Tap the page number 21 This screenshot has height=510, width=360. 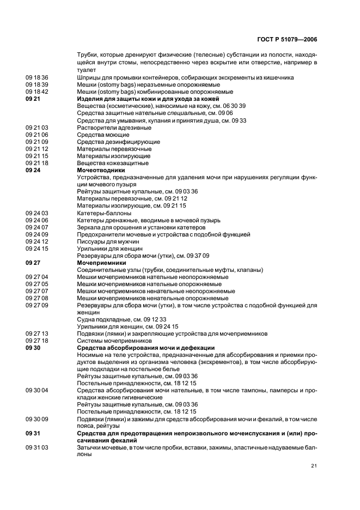(x=314, y=465)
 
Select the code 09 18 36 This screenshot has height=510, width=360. (x=37, y=77)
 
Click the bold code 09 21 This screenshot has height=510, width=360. (x=33, y=99)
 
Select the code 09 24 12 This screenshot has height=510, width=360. (x=37, y=241)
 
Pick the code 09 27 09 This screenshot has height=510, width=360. (x=37, y=305)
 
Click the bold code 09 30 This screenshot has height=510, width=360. (x=33, y=348)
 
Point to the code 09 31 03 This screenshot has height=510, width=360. (x=37, y=447)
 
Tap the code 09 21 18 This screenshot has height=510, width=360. (x=37, y=163)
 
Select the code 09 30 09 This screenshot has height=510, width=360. (x=37, y=419)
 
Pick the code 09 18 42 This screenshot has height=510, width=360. (x=37, y=92)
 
